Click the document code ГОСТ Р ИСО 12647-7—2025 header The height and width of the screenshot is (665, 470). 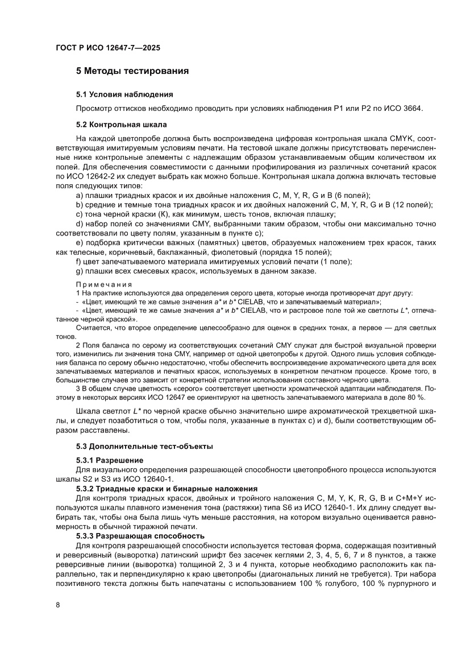click(x=107, y=48)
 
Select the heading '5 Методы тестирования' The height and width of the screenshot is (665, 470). click(x=132, y=71)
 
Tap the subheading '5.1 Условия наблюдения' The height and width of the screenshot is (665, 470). click(x=124, y=94)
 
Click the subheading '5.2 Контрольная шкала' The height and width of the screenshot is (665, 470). click(x=121, y=123)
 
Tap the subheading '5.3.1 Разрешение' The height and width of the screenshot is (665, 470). click(x=110, y=460)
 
